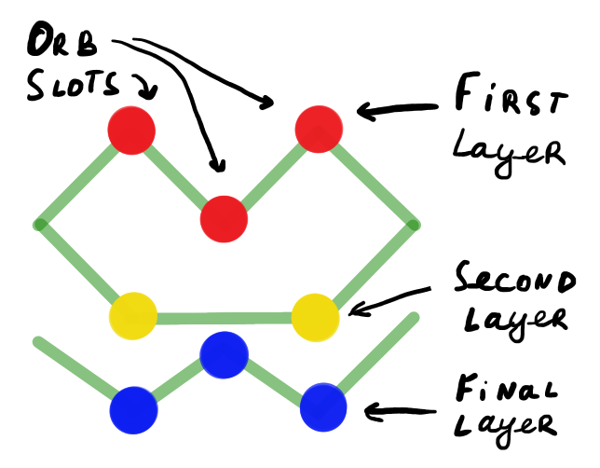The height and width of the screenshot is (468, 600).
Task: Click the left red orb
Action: pos(130,131)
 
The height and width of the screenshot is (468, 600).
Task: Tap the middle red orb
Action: pos(225,220)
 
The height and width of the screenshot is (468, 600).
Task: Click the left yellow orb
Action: pos(133,315)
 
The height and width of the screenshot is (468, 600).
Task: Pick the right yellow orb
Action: pos(315,317)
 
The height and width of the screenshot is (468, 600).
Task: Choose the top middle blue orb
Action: pos(225,353)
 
